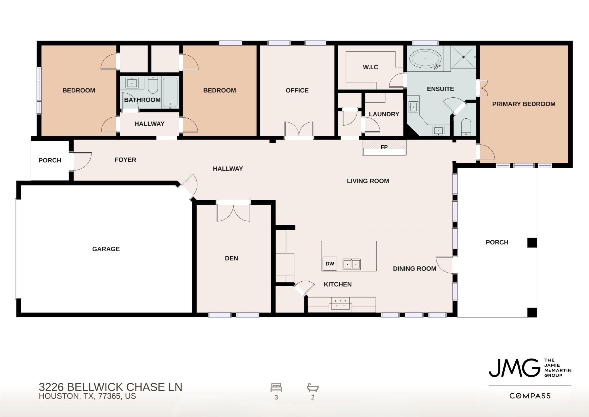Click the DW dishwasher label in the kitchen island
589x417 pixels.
330,264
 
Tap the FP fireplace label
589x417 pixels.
384,147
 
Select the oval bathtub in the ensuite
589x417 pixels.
426,60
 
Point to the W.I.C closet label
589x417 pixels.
370,67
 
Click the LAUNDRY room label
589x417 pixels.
384,114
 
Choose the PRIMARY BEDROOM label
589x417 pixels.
524,104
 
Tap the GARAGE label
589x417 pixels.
106,249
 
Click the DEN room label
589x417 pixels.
232,258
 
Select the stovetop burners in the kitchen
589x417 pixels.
340,303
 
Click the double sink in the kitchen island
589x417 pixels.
351,264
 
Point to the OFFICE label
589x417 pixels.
297,90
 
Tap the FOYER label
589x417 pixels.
125,160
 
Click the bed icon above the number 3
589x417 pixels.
276,387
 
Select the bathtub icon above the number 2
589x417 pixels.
313,387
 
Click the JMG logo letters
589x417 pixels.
514,368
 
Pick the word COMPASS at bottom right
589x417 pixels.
530,396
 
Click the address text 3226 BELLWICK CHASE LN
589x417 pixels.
111,387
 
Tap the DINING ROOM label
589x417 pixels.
414,268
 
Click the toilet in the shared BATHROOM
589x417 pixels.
153,85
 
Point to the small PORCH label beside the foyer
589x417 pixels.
50,160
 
